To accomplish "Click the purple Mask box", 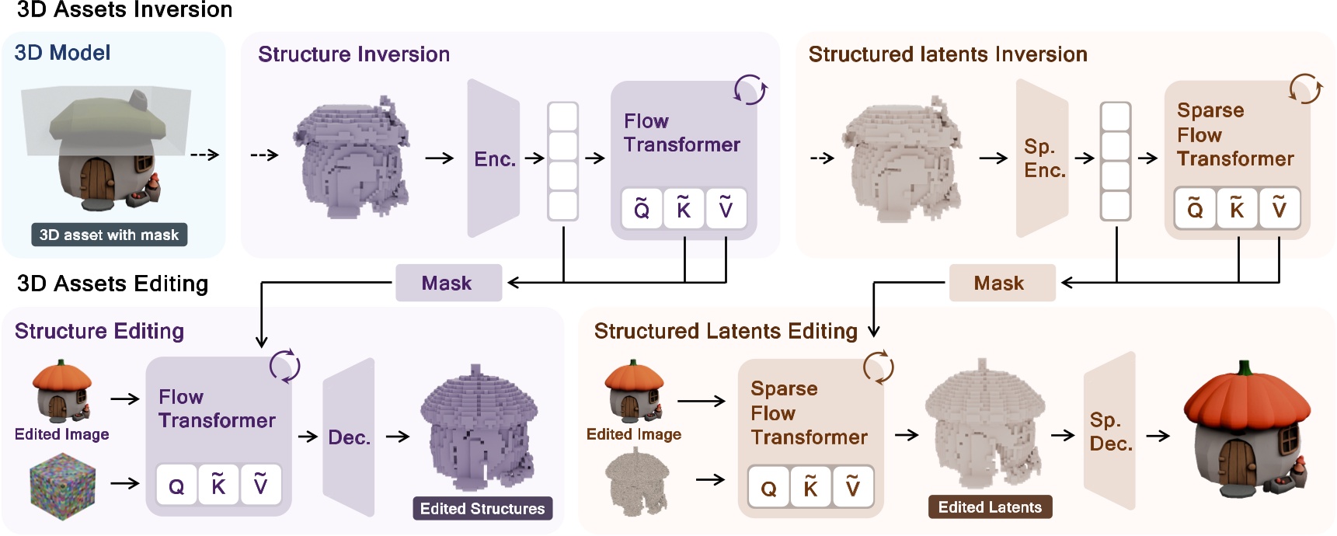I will click(x=448, y=283).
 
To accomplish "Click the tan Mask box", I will click(x=1001, y=283).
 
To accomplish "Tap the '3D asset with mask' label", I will click(x=109, y=235).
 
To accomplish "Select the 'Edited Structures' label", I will click(x=482, y=508).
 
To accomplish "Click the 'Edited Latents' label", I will click(x=990, y=507).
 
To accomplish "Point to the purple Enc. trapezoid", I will click(x=493, y=158).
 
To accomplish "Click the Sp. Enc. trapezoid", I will click(x=1043, y=158).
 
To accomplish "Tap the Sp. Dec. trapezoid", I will click(x=1109, y=432).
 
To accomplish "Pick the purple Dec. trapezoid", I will click(x=349, y=437).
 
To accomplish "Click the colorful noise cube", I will click(x=62, y=486).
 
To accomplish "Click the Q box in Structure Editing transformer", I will click(x=176, y=486).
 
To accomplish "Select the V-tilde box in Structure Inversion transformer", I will click(x=726, y=208).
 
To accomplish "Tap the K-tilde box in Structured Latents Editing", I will click(x=810, y=487).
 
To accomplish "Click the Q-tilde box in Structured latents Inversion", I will click(x=1195, y=208).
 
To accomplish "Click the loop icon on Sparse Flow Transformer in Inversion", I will click(x=1305, y=89).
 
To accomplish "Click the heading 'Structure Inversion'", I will click(x=353, y=54).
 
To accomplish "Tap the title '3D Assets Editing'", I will click(x=113, y=284).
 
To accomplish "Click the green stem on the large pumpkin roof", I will click(x=1244, y=367).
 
